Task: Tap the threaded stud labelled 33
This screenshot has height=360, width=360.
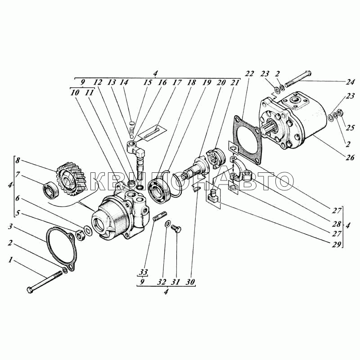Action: [x=160, y=216]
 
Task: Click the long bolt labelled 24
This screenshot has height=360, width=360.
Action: [x=298, y=80]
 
